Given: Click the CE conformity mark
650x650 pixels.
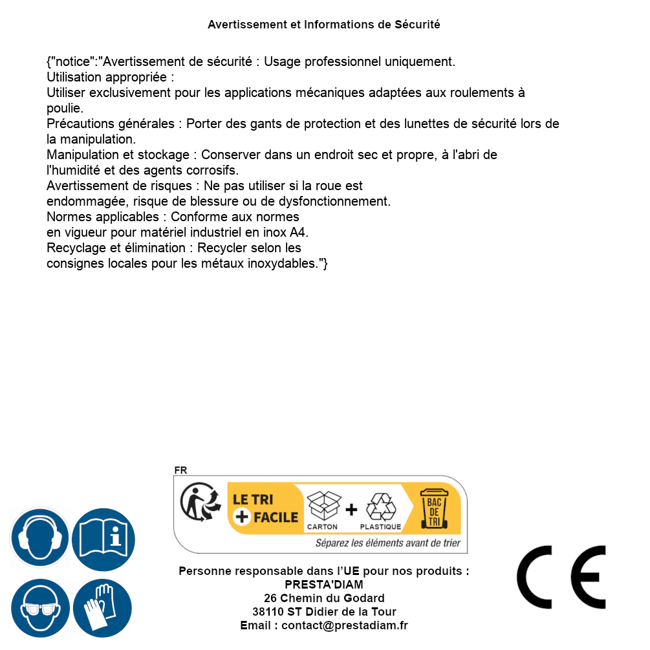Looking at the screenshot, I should coord(561,577).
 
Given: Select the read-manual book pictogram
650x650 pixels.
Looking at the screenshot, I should coord(103,538).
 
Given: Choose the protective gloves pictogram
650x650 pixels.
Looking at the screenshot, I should coord(103,608).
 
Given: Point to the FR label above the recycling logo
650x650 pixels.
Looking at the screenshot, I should coord(180,470).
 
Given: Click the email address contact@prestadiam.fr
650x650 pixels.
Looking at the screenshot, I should coord(345,625).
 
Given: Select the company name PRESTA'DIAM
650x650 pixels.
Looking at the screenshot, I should coord(324,585).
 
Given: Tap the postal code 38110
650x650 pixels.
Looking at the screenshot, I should coord(268,612).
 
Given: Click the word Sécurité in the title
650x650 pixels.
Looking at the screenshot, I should coord(417,25).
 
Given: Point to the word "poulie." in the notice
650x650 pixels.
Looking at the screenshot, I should coord(65,108).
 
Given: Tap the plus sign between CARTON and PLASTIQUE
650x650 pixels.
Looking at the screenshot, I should coord(351,510).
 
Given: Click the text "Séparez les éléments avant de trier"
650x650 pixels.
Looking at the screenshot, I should coord(387,543).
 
